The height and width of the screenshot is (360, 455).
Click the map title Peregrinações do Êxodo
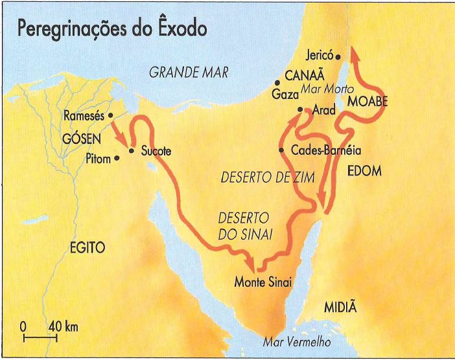tap(111, 28)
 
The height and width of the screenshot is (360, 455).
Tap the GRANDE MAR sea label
tap(189, 73)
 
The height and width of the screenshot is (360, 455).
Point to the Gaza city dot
tap(277, 82)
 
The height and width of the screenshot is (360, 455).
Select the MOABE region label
tap(367, 102)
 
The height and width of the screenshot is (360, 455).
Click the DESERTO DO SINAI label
tap(244, 226)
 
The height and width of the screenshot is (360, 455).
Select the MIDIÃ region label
tap(340, 307)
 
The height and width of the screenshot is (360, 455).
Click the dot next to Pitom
tap(117, 157)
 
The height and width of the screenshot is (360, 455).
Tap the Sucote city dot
tap(131, 151)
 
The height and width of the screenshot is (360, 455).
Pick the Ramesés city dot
tap(110, 115)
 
